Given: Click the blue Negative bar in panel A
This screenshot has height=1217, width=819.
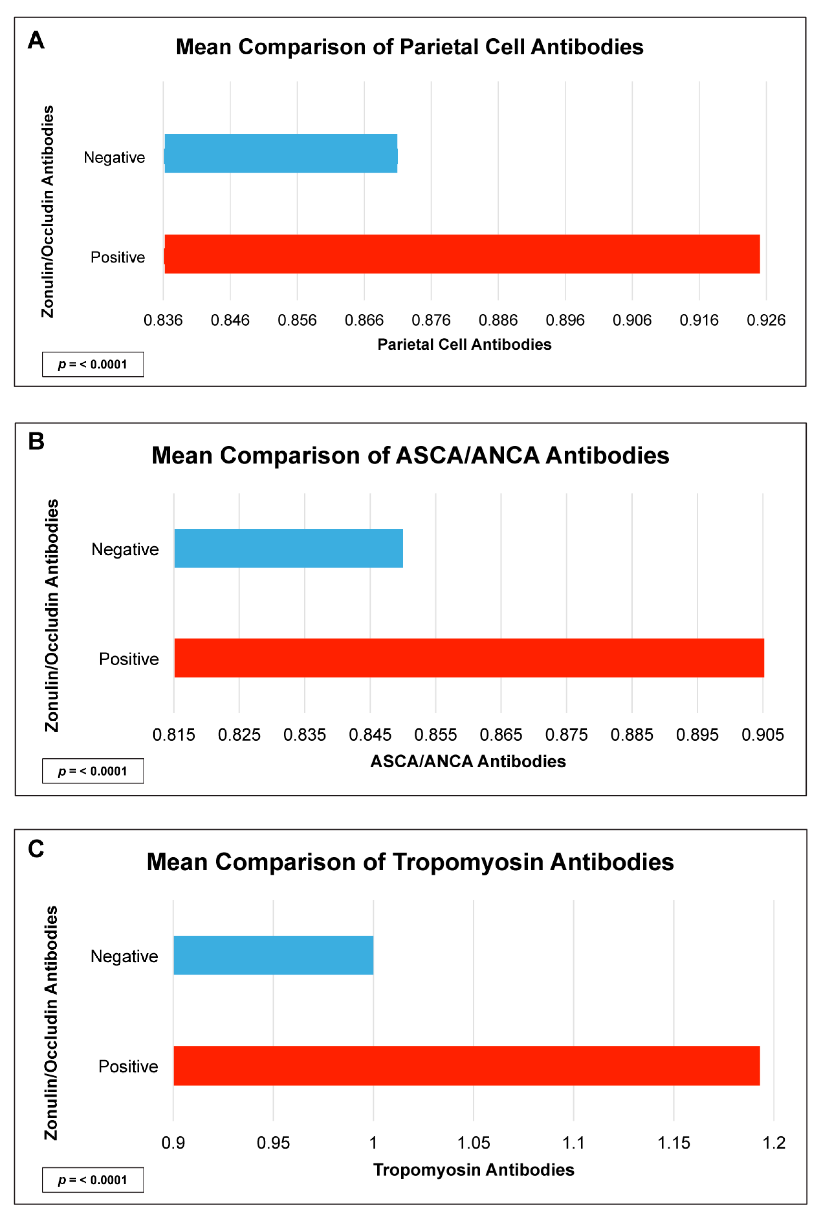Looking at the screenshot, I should tap(281, 153).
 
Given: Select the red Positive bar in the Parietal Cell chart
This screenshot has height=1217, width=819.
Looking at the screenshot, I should tap(462, 254).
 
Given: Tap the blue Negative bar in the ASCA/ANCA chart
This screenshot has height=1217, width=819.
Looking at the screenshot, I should tap(288, 548).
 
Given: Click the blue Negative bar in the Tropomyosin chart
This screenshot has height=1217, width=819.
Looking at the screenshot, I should tap(273, 955).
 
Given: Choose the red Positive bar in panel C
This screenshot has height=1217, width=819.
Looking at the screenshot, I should tap(466, 1065).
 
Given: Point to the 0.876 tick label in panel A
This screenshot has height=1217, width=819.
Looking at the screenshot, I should tap(431, 320).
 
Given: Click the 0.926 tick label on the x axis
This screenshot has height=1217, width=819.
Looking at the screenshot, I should tap(766, 320).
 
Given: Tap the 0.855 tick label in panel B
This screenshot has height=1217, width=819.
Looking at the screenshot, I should tap(435, 735).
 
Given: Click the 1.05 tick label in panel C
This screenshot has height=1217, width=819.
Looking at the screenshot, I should tap(473, 1143).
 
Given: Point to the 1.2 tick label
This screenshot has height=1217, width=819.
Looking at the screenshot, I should tap(774, 1143).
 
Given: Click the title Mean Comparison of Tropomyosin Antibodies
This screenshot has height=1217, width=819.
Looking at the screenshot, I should tap(410, 862).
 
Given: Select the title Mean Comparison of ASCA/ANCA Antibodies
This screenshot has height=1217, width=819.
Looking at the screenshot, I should tap(410, 455).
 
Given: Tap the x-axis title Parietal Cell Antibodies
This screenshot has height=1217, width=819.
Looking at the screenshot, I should tap(464, 344).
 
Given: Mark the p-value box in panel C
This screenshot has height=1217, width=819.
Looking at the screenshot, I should tap(93, 1180).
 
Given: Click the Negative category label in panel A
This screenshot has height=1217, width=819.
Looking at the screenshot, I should tap(115, 157).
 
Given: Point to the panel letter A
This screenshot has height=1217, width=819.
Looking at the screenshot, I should tap(36, 40).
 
